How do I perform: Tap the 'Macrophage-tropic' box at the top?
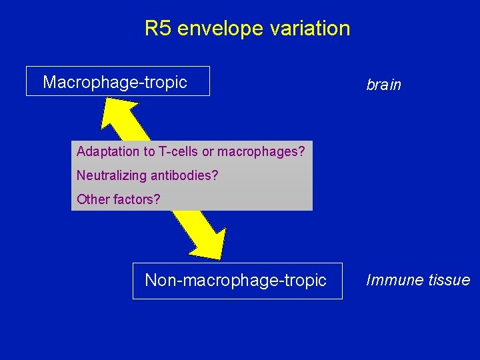pyautogui.click(x=117, y=81)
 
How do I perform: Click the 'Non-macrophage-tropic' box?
pyautogui.click(x=237, y=281)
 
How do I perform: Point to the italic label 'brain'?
pyautogui.click(x=383, y=85)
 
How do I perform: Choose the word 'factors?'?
pyautogui.click(x=136, y=199)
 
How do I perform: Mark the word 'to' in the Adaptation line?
pyautogui.click(x=145, y=152)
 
